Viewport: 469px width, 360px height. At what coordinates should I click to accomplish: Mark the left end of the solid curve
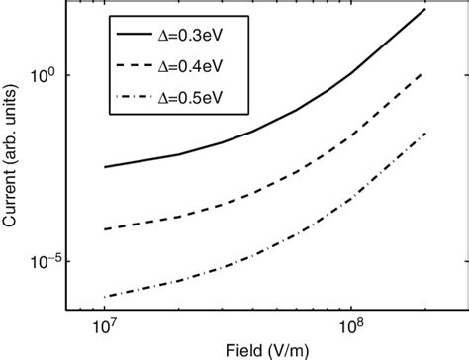coord(104,167)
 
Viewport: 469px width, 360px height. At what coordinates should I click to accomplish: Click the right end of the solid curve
coord(425,9)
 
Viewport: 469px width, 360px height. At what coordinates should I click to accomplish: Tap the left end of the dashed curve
coord(104,229)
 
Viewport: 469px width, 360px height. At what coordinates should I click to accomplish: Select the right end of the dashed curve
coord(425,71)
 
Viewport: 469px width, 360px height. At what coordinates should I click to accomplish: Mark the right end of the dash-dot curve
coord(425,133)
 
